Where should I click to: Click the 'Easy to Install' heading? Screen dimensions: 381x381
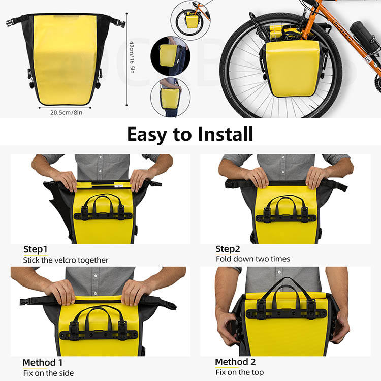pos(190,134)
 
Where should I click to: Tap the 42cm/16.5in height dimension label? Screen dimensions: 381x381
pos(132,57)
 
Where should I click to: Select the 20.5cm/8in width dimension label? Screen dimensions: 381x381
pos(67,112)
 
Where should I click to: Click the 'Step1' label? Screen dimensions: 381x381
pos(36,249)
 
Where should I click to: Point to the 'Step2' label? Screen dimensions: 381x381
pos(228,249)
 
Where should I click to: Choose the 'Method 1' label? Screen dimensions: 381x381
pos(43,363)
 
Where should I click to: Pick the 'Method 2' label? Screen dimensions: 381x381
pos(235,362)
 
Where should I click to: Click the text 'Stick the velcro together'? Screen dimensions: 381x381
pos(66,260)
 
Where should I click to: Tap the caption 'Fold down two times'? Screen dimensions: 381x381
pos(253,259)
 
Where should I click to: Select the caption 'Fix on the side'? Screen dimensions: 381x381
pos(48,373)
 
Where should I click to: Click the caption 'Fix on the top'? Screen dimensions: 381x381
pos(240,372)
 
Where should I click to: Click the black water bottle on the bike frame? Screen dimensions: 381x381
pos(364,37)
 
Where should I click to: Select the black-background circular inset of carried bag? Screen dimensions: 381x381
pos(170,56)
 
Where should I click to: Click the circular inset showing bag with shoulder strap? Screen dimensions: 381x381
pos(170,97)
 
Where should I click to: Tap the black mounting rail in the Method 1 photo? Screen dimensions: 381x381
pos(99,334)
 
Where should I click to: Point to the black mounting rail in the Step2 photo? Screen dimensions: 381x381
pos(285,218)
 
